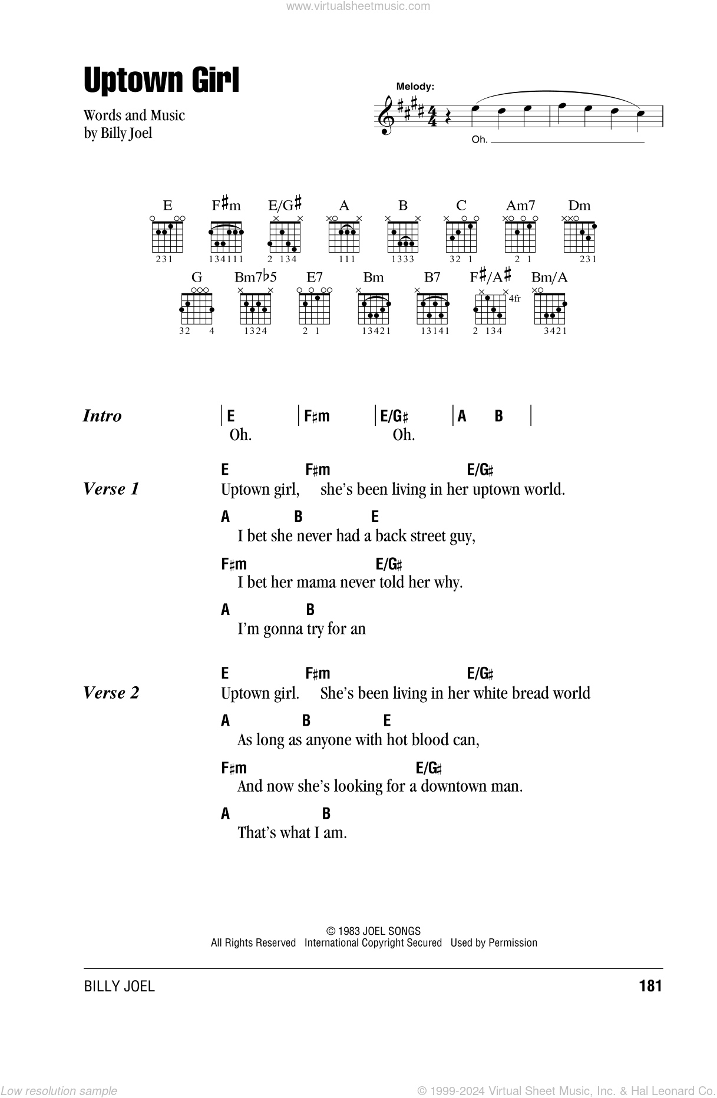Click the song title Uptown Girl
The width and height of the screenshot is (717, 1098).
tap(161, 81)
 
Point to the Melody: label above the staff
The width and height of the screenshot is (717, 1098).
tap(415, 86)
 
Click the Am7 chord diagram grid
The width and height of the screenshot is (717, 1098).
tap(520, 236)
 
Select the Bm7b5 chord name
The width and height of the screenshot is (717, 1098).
tap(255, 277)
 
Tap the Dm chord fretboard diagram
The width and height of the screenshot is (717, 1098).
tap(579, 236)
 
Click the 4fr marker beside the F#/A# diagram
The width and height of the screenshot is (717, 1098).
tap(514, 299)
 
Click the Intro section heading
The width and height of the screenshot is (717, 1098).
tap(103, 416)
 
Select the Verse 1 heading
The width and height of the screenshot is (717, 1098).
tap(111, 489)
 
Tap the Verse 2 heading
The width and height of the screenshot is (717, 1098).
tap(111, 693)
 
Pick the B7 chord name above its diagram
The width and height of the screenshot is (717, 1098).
tap(432, 277)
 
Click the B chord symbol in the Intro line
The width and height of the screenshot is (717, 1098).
tap(499, 416)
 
